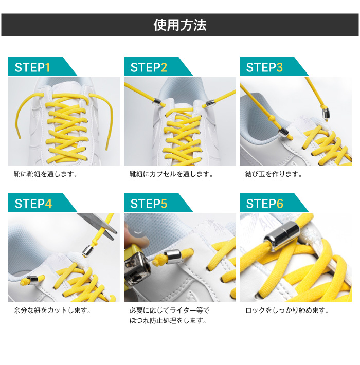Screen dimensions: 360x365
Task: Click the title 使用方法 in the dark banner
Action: pyautogui.click(x=180, y=25)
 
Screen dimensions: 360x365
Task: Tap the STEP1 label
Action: pyautogui.click(x=32, y=67)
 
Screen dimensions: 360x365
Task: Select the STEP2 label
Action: pyautogui.click(x=149, y=67)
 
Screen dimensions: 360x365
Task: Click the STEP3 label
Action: pyautogui.click(x=264, y=67)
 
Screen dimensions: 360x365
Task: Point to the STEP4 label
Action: pyautogui.click(x=33, y=204)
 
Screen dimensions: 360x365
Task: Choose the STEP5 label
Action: pyautogui.click(x=149, y=204)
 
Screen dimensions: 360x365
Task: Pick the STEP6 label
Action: pyautogui.click(x=264, y=204)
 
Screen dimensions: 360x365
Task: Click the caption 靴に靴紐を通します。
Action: pyautogui.click(x=46, y=174)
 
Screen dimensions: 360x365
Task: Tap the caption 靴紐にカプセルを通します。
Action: pyautogui.click(x=171, y=174)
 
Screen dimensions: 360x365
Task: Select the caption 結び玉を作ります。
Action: pyautogui.click(x=274, y=174)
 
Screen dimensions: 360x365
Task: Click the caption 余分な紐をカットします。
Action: pyautogui.click(x=52, y=310)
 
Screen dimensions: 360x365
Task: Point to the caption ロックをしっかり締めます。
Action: pyautogui.click(x=287, y=310)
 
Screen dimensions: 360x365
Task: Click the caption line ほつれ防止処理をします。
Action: pyautogui.click(x=168, y=321)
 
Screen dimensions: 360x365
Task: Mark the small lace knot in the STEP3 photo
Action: pyautogui.click(x=271, y=119)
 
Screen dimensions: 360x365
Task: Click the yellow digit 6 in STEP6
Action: pyautogui.click(x=280, y=204)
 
